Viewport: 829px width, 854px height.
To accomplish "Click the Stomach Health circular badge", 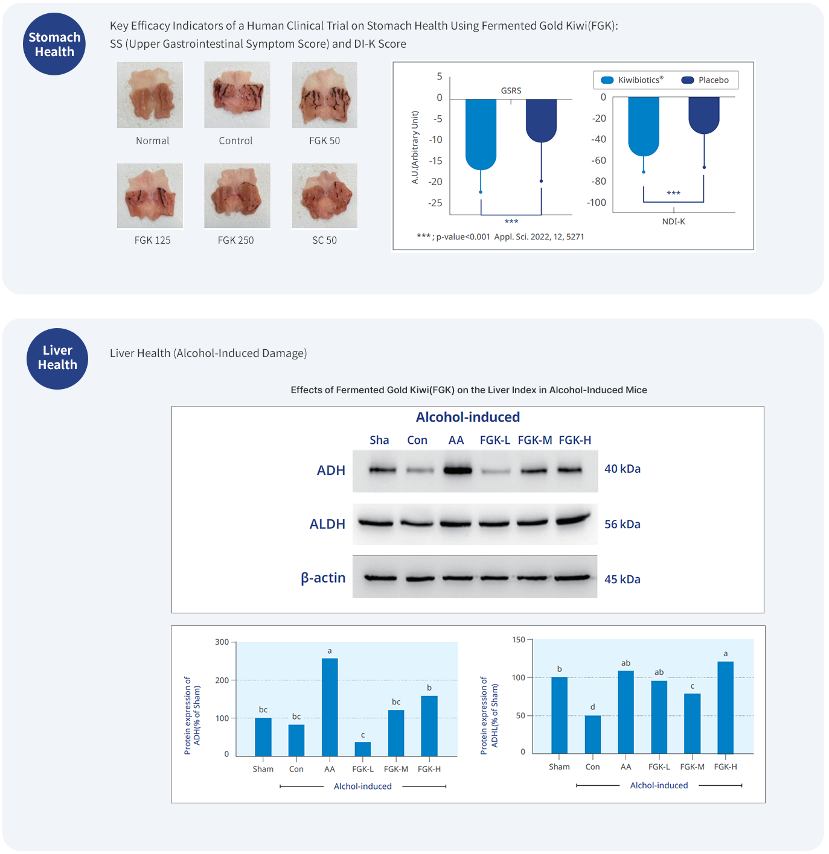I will click(x=54, y=44).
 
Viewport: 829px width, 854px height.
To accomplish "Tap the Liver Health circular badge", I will click(x=57, y=358).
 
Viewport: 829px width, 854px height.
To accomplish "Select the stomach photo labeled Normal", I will click(x=150, y=95).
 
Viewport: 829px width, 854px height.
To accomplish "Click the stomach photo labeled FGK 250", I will click(x=237, y=196).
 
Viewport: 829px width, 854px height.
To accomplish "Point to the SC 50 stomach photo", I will click(x=324, y=196).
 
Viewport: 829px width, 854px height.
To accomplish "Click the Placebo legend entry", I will click(x=705, y=80).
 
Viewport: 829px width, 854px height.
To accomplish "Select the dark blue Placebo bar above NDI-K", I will click(x=704, y=115).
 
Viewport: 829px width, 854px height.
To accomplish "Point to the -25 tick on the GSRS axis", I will click(x=435, y=203).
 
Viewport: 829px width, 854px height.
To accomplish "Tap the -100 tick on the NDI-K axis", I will click(x=597, y=203).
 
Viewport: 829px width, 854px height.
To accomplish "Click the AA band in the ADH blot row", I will click(x=458, y=470).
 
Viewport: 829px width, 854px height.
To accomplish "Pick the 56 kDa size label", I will click(x=623, y=525).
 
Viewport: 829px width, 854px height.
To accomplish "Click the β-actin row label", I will click(x=323, y=578).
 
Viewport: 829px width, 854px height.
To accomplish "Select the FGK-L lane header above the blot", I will click(x=495, y=440).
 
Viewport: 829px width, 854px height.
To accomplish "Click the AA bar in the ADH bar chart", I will click(x=330, y=707).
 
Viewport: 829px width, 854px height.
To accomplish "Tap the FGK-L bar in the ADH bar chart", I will click(x=363, y=749).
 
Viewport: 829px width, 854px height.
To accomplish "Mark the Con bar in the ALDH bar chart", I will click(x=592, y=735).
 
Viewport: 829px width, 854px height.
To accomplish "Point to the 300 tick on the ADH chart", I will click(x=222, y=642).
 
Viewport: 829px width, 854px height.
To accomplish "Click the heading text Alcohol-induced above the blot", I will click(x=468, y=417).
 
